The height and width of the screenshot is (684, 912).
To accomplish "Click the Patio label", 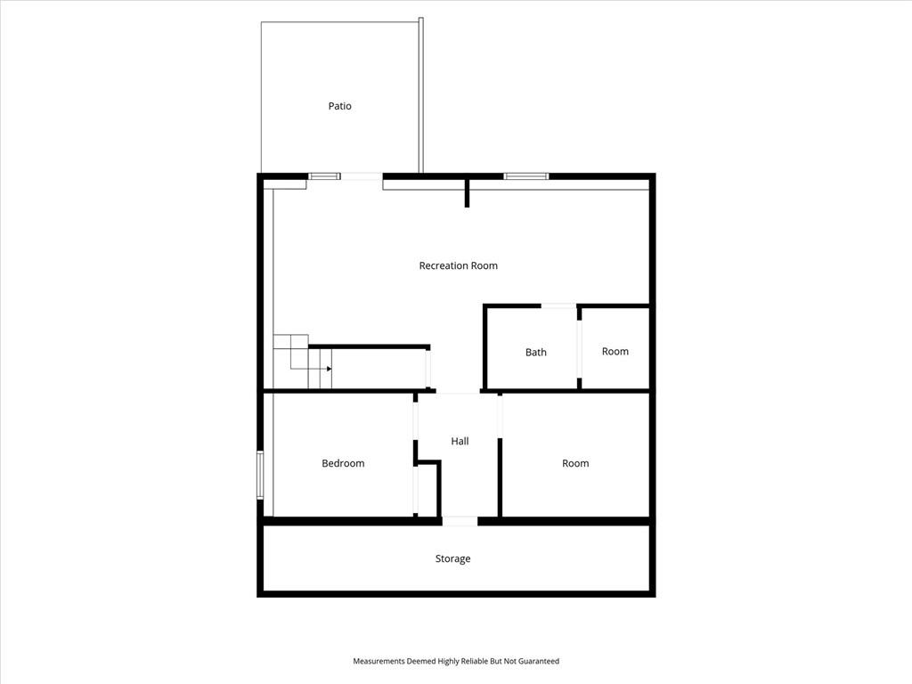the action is click(339, 106).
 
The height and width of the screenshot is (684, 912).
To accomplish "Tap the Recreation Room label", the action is click(459, 265).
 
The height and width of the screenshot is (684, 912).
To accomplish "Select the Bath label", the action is click(535, 353).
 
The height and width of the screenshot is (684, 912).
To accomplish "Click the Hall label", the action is click(460, 442).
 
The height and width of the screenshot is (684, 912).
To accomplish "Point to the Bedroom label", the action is click(343, 463).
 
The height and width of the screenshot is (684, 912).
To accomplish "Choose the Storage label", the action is click(452, 559).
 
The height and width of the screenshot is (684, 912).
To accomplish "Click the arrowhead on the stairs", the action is click(330, 369).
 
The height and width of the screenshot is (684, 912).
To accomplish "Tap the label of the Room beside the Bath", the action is click(615, 351).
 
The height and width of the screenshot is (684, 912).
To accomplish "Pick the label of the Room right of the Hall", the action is click(575, 463).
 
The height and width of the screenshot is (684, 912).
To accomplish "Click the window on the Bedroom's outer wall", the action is click(260, 475).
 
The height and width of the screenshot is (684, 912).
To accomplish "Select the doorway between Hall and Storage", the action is click(460, 521).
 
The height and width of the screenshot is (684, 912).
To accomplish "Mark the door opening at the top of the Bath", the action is click(558, 305).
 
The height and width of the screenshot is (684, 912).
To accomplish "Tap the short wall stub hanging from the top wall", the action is click(467, 193).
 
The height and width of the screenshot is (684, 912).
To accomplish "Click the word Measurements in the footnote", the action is click(379, 662).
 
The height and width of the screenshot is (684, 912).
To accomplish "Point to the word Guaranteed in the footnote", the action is click(539, 662).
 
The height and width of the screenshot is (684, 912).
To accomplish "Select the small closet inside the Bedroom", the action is click(427, 489).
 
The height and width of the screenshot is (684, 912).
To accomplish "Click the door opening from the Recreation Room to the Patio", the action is click(362, 176).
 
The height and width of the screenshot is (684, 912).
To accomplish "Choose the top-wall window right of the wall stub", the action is click(525, 176).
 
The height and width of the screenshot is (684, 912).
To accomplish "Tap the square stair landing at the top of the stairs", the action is click(291, 342).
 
